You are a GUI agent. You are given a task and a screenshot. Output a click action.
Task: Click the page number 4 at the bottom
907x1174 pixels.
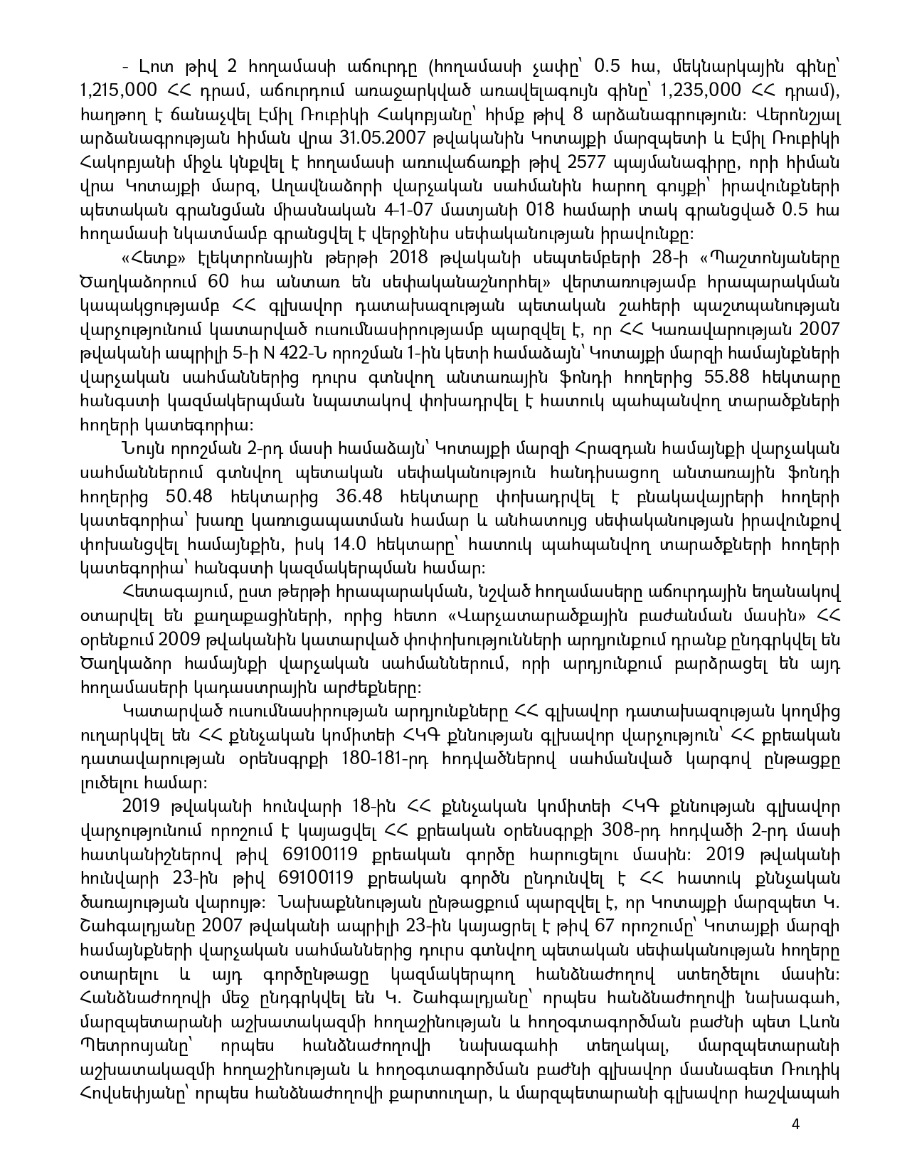(x=795, y=1125)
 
